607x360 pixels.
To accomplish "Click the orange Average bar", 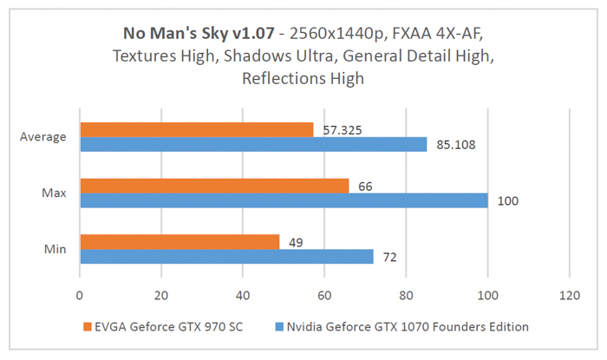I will [x=196, y=129].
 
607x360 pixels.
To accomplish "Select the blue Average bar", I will [x=253, y=144].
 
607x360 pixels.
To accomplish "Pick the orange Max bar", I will [x=214, y=186].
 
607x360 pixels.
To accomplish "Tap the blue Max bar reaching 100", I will [x=284, y=200].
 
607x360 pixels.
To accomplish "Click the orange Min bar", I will [x=179, y=242].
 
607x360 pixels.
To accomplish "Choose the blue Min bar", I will [x=226, y=257].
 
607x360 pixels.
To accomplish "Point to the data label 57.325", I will [x=340, y=129].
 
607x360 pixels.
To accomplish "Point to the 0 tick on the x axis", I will [x=80, y=295].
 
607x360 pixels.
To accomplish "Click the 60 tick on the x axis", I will [x=324, y=295].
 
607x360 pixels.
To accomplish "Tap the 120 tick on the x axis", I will [x=569, y=295].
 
